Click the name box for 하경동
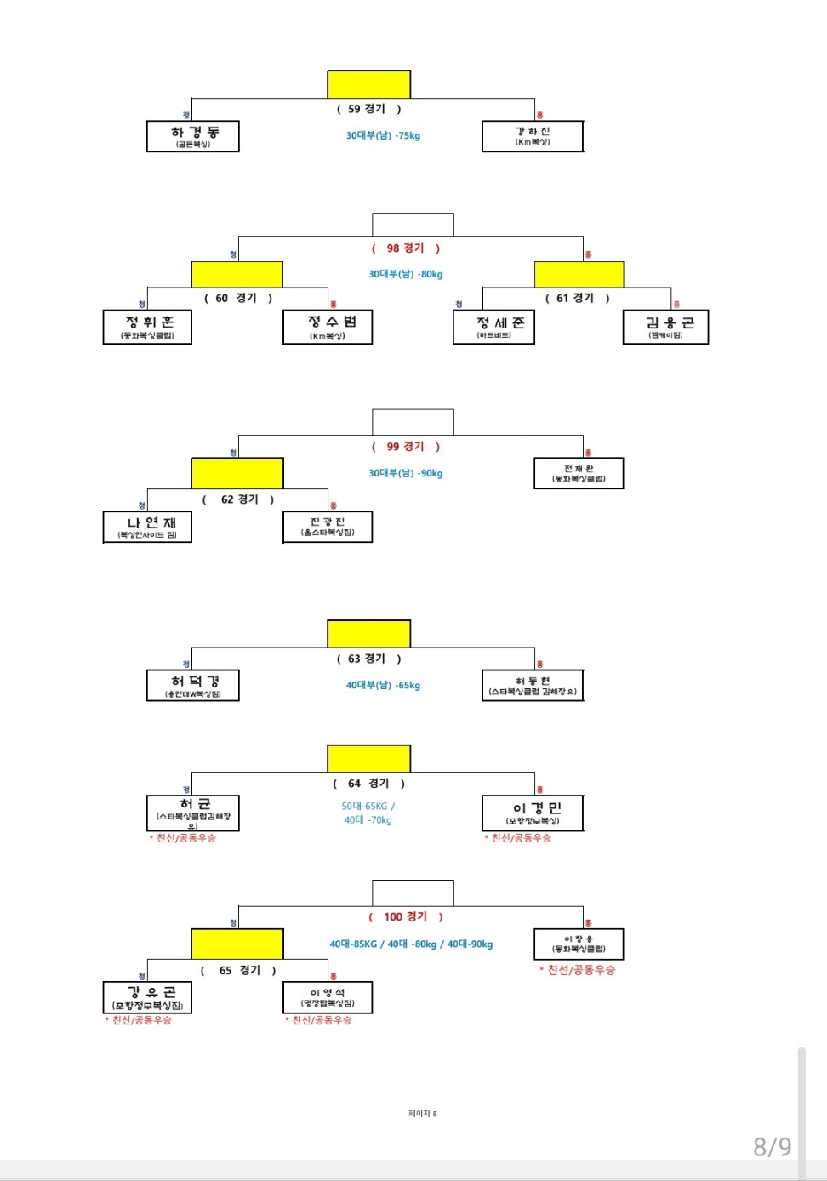[x=193, y=136]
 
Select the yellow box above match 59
[x=369, y=84]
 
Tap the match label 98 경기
[x=405, y=248]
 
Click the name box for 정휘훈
[x=147, y=327]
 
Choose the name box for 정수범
[x=328, y=327]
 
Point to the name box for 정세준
[x=493, y=327]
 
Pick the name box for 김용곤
[x=665, y=327]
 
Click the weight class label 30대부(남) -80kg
[x=406, y=274]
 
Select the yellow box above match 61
[x=579, y=274]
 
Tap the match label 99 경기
[x=405, y=447]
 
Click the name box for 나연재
[x=147, y=527]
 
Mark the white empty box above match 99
[x=413, y=422]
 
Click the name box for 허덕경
[x=193, y=685]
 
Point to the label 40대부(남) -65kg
[x=383, y=685]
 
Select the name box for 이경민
[x=533, y=813]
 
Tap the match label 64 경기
[x=368, y=784]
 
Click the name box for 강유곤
[x=147, y=997]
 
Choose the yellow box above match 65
[x=237, y=944]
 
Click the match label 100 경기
[x=405, y=917]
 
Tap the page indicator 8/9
[x=772, y=1147]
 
